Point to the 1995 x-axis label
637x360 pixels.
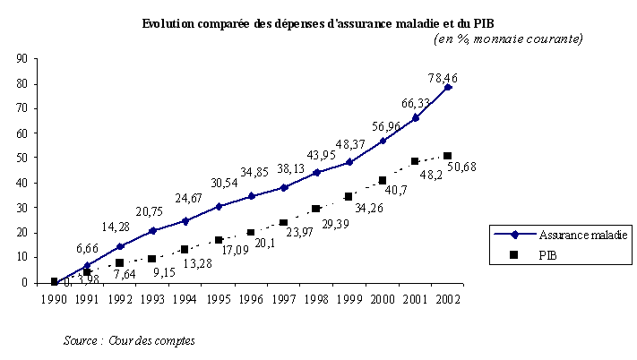pos(218,299)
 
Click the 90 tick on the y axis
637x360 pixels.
pos(21,59)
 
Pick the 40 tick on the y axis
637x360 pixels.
pos(21,183)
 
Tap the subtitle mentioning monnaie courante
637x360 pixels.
pos(508,39)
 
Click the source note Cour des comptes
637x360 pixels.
pos(129,340)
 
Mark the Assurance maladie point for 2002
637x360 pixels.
pos(447,87)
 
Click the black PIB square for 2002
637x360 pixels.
pos(447,156)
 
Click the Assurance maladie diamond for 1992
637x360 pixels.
pos(120,246)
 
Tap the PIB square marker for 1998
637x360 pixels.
pos(316,209)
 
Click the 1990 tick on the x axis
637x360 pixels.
pos(55,299)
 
